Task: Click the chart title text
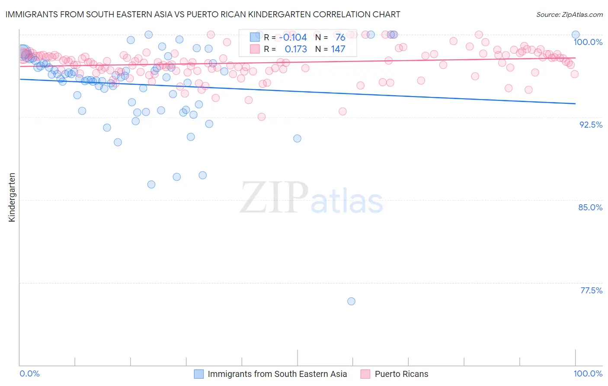(202, 14)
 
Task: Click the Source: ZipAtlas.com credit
(569, 14)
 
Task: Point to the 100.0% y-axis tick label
(588, 42)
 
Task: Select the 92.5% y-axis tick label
(591, 125)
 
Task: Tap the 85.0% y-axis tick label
(590, 207)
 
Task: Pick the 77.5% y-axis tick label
(591, 290)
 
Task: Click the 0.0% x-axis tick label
(29, 373)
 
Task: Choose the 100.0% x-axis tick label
(588, 373)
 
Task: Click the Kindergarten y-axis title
(12, 197)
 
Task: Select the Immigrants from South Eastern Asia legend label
(277, 374)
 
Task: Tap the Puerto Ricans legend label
(401, 374)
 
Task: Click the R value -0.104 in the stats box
(293, 38)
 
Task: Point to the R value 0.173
(296, 49)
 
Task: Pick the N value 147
(338, 49)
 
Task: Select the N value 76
(340, 38)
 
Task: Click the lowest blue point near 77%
(351, 301)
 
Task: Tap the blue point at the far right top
(576, 35)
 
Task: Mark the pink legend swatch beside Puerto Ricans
(365, 374)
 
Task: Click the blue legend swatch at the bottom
(198, 374)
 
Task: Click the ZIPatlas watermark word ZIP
(274, 198)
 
